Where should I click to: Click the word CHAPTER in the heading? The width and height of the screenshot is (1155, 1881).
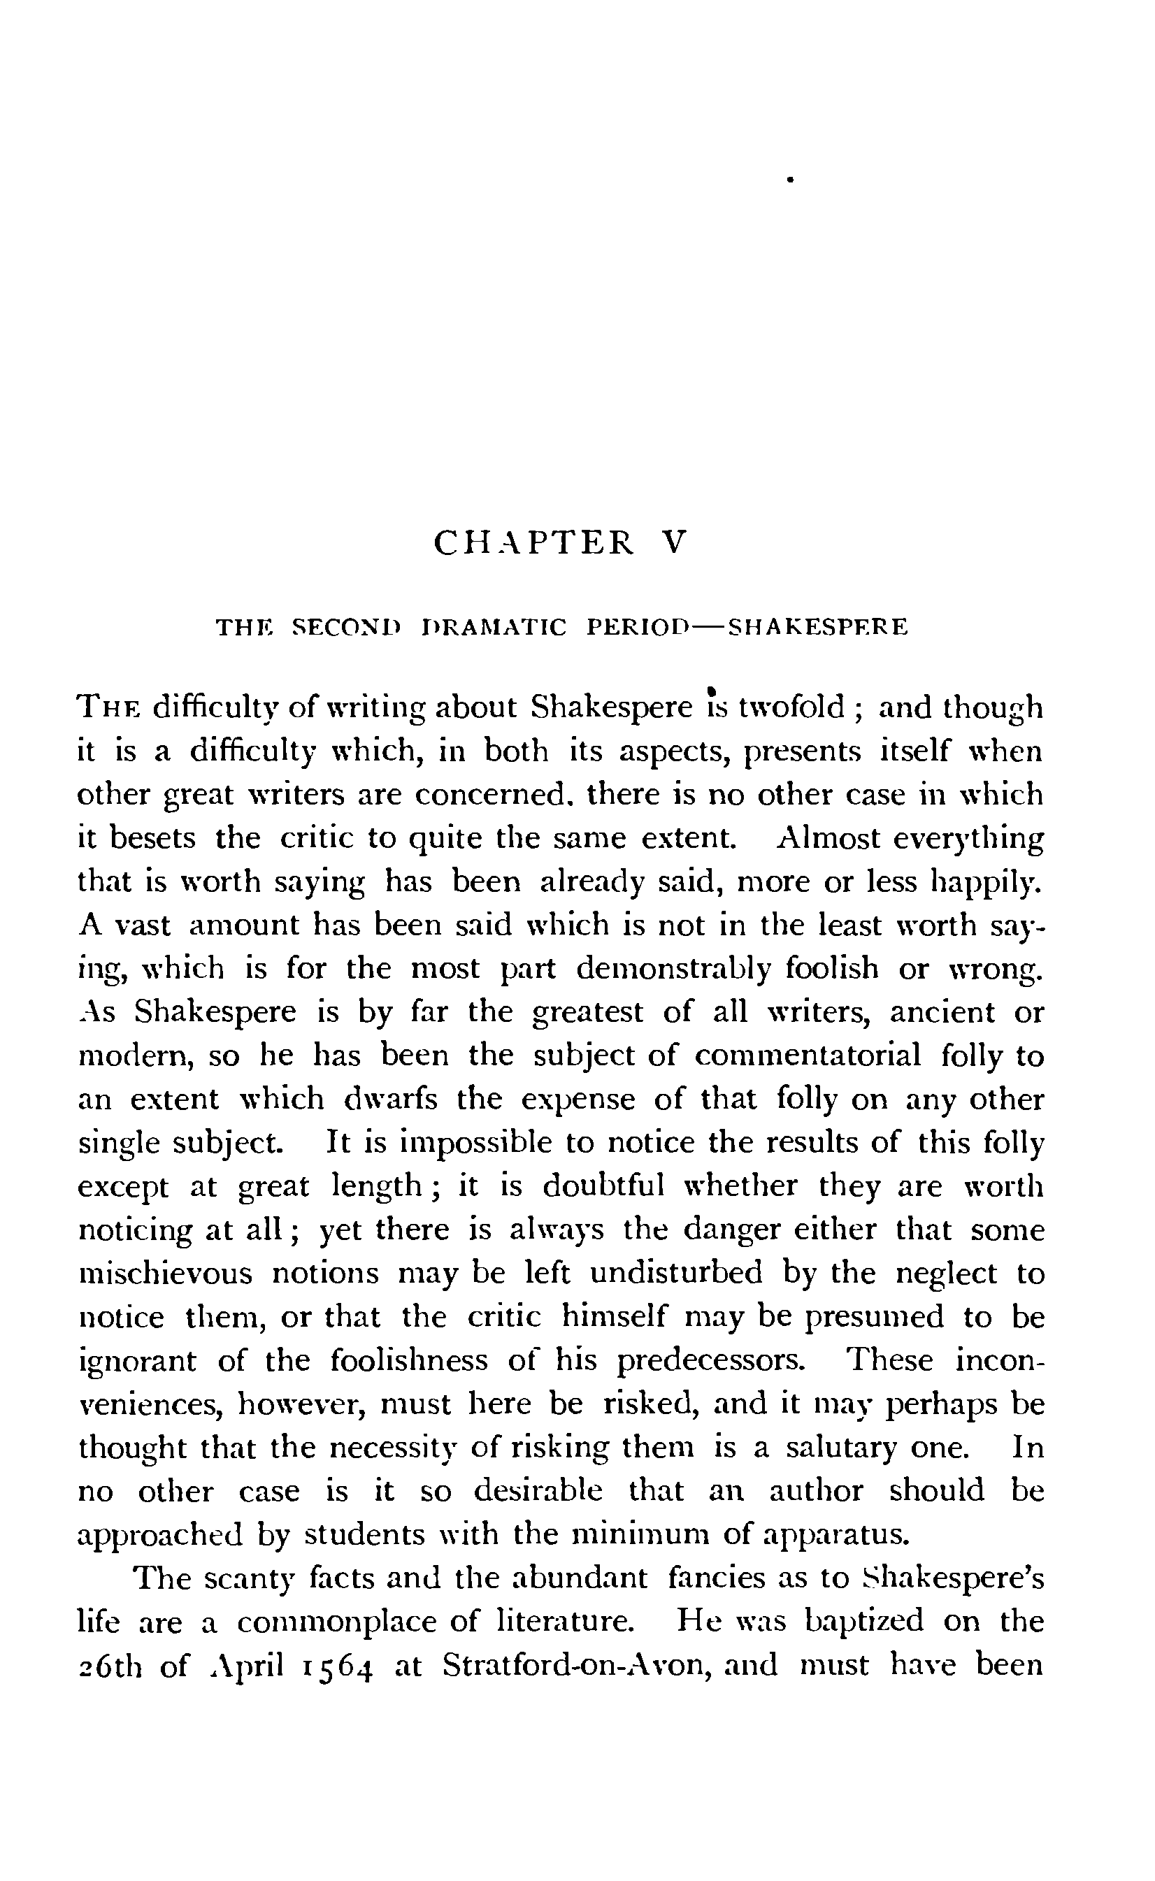tap(533, 543)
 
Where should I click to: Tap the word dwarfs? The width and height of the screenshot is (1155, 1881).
tap(391, 1099)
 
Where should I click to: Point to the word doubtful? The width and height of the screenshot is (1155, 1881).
tap(603, 1187)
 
